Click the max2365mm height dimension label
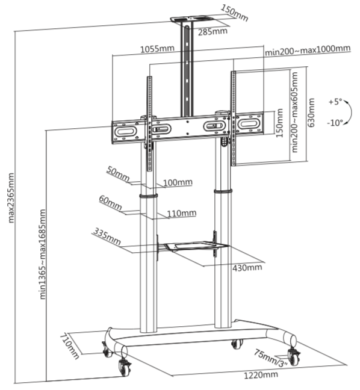pyautogui.click(x=11, y=198)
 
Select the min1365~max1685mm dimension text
pyautogui.click(x=43, y=254)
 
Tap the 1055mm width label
pyautogui.click(x=157, y=49)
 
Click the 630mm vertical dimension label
pyautogui.click(x=311, y=113)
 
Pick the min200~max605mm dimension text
pyautogui.click(x=294, y=112)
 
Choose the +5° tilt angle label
pyautogui.click(x=335, y=102)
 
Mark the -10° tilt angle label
pyautogui.click(x=335, y=123)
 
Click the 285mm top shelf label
pyautogui.click(x=213, y=31)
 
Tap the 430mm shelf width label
pyautogui.click(x=247, y=268)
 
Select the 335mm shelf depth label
pyautogui.click(x=107, y=237)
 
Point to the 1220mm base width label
pyautogui.click(x=261, y=375)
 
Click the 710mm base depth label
pyautogui.click(x=69, y=346)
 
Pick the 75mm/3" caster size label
pyautogui.click(x=271, y=358)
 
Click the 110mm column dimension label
pyautogui.click(x=182, y=213)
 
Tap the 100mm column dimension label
pyautogui.click(x=178, y=182)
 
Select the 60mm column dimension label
pyautogui.click(x=110, y=203)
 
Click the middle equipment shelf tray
pyautogui.click(x=196, y=246)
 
